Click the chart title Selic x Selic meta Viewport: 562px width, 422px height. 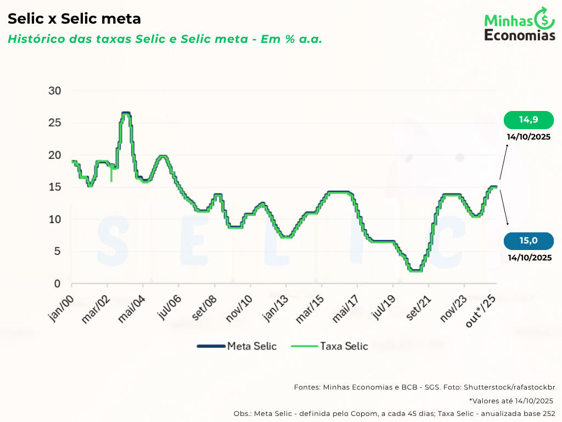click(74, 19)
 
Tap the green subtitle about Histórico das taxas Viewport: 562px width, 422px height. click(165, 39)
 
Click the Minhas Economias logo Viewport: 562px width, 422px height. click(520, 24)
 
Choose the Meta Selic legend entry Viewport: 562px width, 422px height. click(237, 346)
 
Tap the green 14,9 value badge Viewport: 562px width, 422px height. click(529, 120)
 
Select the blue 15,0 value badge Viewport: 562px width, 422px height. click(529, 241)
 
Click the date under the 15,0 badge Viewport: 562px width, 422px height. click(530, 257)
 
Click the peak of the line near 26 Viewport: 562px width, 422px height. click(126, 113)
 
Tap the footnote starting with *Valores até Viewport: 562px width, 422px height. click(511, 401)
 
